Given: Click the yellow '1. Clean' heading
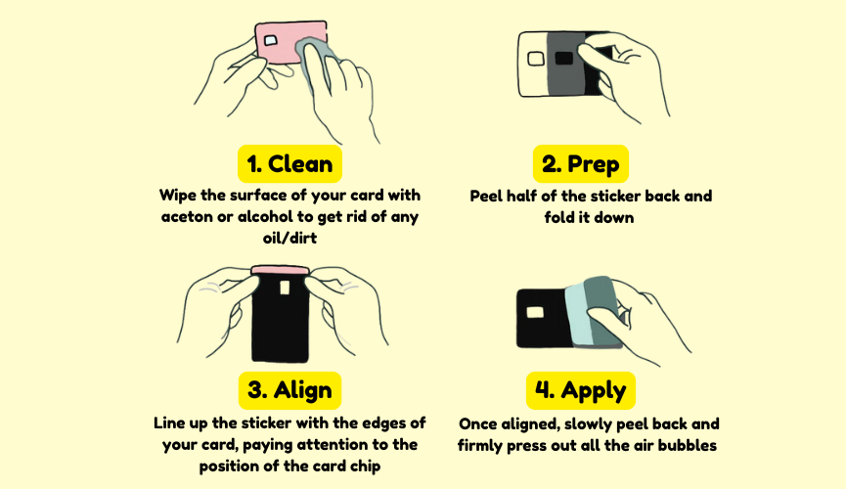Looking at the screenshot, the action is pyautogui.click(x=289, y=163).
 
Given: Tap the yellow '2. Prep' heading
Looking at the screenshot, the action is pyautogui.click(x=581, y=163).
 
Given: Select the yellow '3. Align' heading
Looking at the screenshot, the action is pyautogui.click(x=289, y=389).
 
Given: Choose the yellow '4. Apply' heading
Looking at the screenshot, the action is pyautogui.click(x=581, y=389).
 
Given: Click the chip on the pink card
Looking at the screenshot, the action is pyautogui.click(x=270, y=40).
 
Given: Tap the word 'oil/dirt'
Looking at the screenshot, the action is pyautogui.click(x=289, y=238).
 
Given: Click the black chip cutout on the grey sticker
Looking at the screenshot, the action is pyautogui.click(x=563, y=58).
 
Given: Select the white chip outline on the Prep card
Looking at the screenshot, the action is pyautogui.click(x=536, y=59).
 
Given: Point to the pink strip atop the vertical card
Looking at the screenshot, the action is pyautogui.click(x=280, y=270).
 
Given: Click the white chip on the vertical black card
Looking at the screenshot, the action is pyautogui.click(x=285, y=288).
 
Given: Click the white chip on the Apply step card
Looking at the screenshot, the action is pyautogui.click(x=535, y=312).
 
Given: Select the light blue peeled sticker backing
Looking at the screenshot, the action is pyautogui.click(x=580, y=315).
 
